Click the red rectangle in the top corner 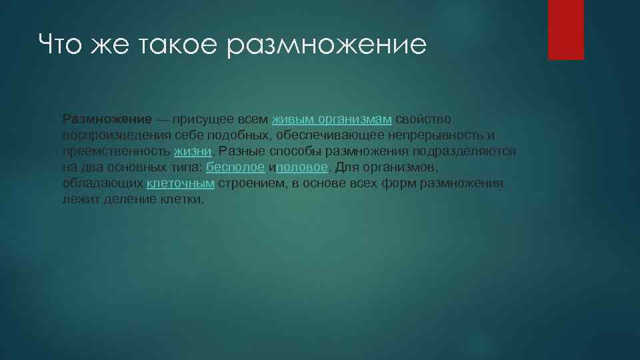pyautogui.click(x=565, y=29)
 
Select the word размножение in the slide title pyautogui.click(x=326, y=45)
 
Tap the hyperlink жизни pyautogui.click(x=193, y=151)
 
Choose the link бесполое pyautogui.click(x=236, y=167)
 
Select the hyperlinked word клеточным pyautogui.click(x=180, y=183)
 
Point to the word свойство pyautogui.click(x=423, y=119)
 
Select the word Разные pyautogui.click(x=241, y=151)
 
